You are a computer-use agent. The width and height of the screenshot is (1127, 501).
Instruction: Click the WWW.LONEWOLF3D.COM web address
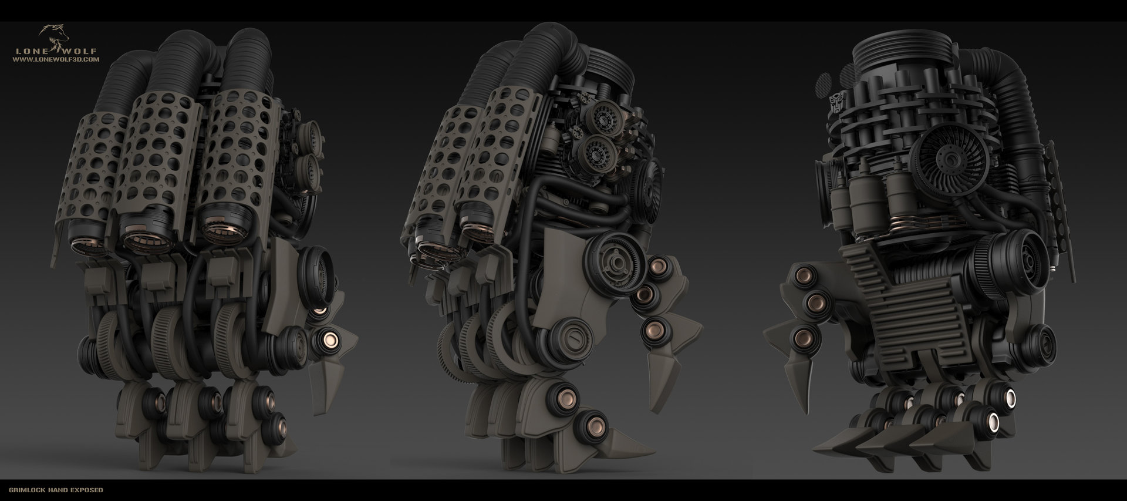click(x=56, y=59)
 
